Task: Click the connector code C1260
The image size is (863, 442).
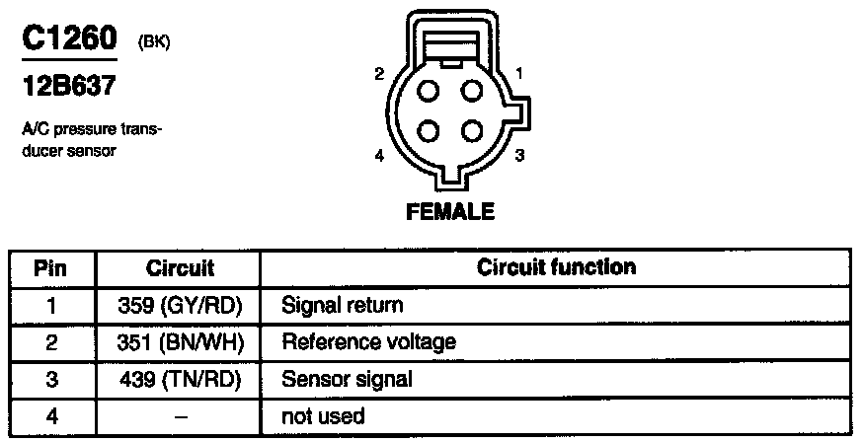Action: (x=67, y=39)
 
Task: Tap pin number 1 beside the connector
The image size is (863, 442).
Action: (x=519, y=73)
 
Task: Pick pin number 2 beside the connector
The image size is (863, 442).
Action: (x=379, y=74)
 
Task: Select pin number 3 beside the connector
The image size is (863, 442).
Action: (x=519, y=156)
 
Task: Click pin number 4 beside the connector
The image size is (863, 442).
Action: (x=379, y=156)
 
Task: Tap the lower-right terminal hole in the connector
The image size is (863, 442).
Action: (x=471, y=131)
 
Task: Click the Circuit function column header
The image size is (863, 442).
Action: (x=556, y=267)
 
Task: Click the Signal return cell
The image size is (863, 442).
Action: (x=342, y=306)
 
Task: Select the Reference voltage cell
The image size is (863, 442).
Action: (x=368, y=342)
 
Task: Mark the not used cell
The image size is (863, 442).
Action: (x=323, y=416)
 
